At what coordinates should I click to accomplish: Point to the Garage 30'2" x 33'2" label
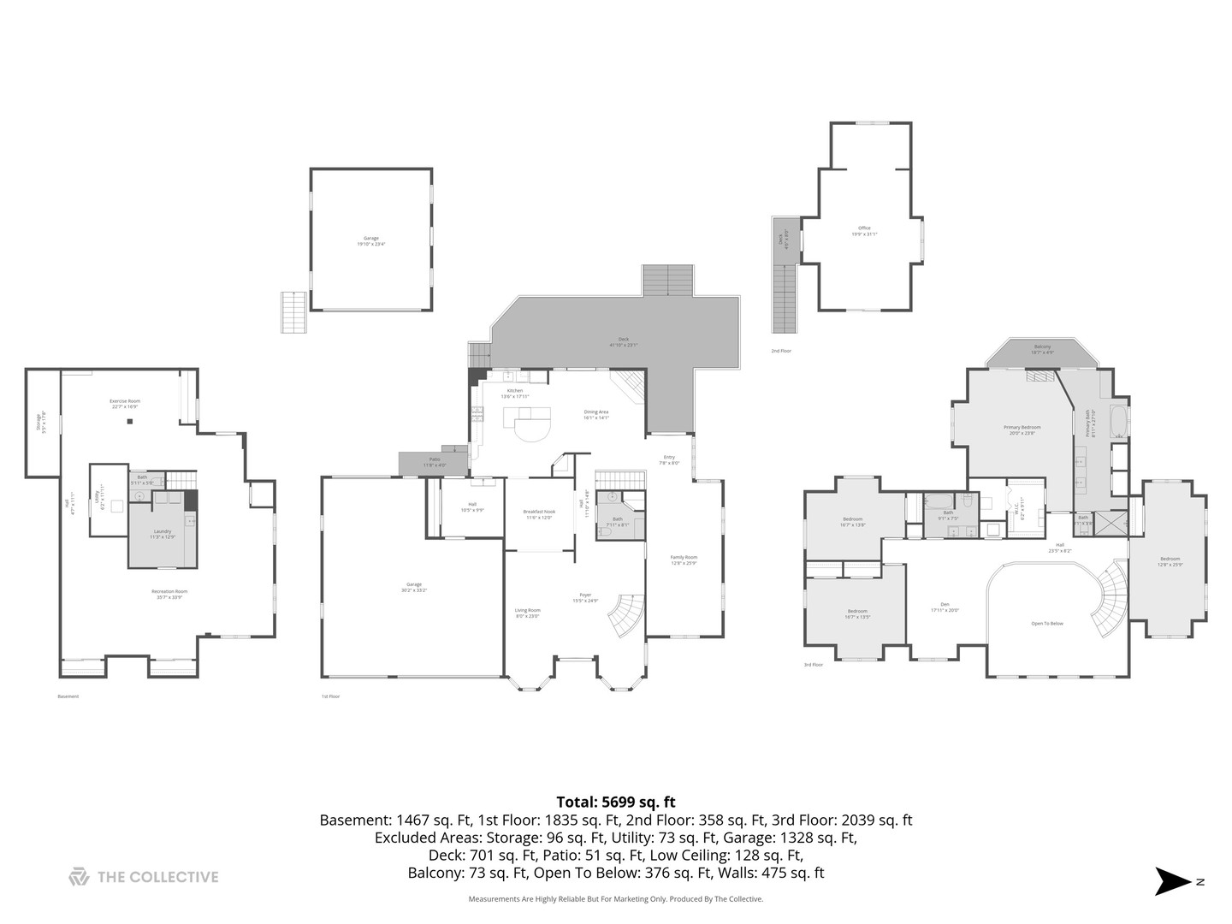[414, 587]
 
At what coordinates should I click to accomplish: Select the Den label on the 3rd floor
[945, 607]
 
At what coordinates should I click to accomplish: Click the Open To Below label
[1047, 624]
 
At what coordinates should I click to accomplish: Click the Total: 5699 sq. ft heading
[615, 802]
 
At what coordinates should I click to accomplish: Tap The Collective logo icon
[79, 877]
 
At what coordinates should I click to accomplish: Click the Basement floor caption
[68, 696]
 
